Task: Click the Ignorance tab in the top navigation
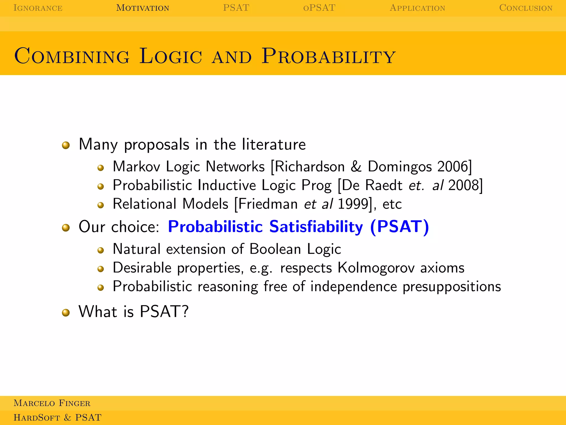pyautogui.click(x=38, y=8)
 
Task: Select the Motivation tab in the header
pyautogui.click(x=143, y=8)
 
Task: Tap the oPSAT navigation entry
pyautogui.click(x=319, y=8)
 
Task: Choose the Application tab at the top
pyautogui.click(x=417, y=8)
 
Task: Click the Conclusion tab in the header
pyautogui.click(x=526, y=8)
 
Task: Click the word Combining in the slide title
pyautogui.click(x=72, y=56)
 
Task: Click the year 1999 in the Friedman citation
pyautogui.click(x=353, y=204)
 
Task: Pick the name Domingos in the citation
pyautogui.click(x=400, y=167)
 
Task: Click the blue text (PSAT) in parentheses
pyautogui.click(x=399, y=227)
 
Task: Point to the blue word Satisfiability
pyautogui.click(x=316, y=227)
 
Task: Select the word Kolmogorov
pyautogui.click(x=376, y=268)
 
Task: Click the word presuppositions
pyautogui.click(x=452, y=287)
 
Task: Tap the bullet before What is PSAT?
pyautogui.click(x=66, y=313)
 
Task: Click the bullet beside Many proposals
pyautogui.click(x=66, y=145)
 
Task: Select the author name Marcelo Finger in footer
pyautogui.click(x=52, y=403)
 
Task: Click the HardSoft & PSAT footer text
pyautogui.click(x=57, y=418)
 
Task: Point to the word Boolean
pyautogui.click(x=275, y=249)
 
